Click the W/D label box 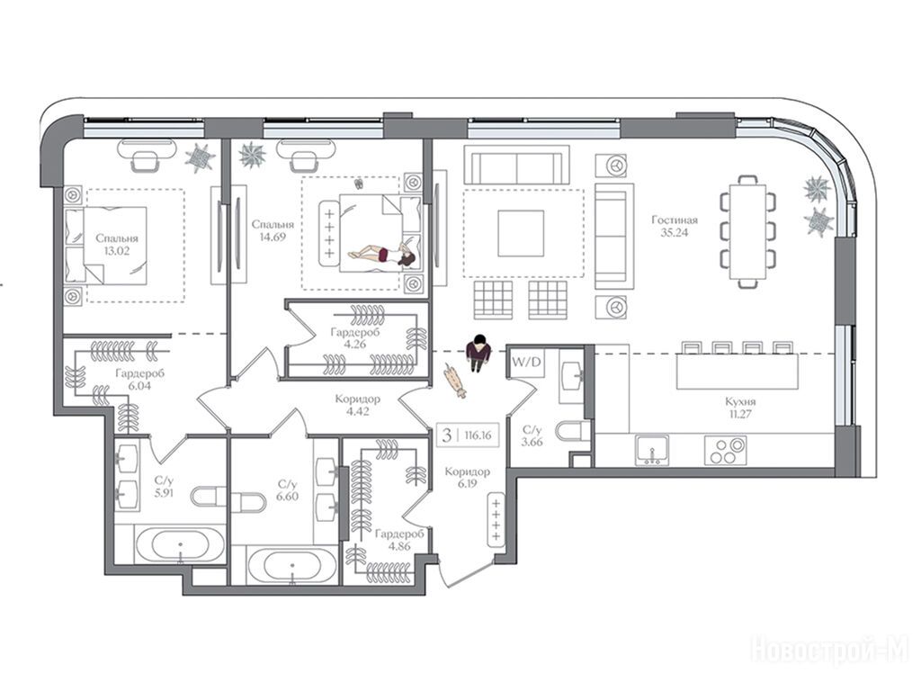coord(526,362)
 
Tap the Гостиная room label coord(675,220)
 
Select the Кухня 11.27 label coord(740,408)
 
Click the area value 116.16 coord(478,435)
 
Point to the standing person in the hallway coord(478,353)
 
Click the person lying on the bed coord(381,255)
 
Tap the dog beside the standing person coord(454,381)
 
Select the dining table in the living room coord(747,231)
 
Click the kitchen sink coord(652,450)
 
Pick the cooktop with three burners coord(726,450)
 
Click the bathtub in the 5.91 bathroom coord(180,544)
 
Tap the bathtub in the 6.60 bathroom coord(292,566)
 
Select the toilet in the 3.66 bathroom coord(574,431)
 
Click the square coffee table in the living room coord(521,233)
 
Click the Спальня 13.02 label coord(117,245)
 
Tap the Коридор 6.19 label coord(467,477)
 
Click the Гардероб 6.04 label coord(139,379)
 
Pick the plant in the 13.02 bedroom coord(200,157)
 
